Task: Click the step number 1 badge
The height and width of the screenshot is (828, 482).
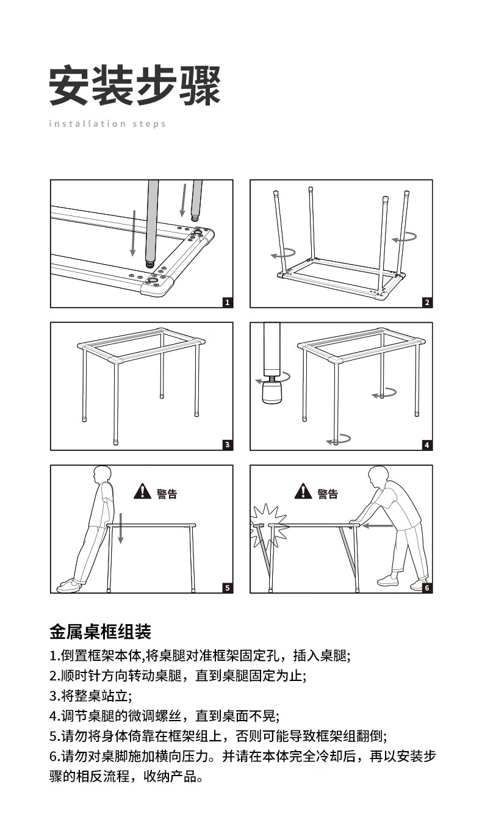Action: point(228,302)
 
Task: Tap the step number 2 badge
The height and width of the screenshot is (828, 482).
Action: point(427,302)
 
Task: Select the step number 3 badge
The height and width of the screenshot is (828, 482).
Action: point(228,445)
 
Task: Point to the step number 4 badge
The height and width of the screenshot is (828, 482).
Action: point(427,445)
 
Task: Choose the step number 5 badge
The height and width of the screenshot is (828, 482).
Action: point(228,588)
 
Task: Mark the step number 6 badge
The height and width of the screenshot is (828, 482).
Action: point(427,588)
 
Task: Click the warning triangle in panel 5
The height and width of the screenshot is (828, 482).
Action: point(142,491)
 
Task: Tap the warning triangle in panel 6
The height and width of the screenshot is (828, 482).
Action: point(303,491)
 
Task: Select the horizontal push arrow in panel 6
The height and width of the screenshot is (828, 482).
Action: point(377,525)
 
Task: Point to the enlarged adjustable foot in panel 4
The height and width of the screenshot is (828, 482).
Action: point(272,392)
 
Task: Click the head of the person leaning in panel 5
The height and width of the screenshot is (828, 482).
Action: point(102,475)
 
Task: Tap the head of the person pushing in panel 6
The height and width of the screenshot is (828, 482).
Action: point(378,477)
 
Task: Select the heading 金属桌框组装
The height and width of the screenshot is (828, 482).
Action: point(101,632)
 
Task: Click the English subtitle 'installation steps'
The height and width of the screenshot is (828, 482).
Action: point(107,123)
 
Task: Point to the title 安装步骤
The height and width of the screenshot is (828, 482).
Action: point(135,85)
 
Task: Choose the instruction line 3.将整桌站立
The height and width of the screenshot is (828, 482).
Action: point(90,696)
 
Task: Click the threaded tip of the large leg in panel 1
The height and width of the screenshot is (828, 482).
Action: point(151,264)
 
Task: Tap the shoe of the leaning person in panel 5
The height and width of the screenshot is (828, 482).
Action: point(69,586)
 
